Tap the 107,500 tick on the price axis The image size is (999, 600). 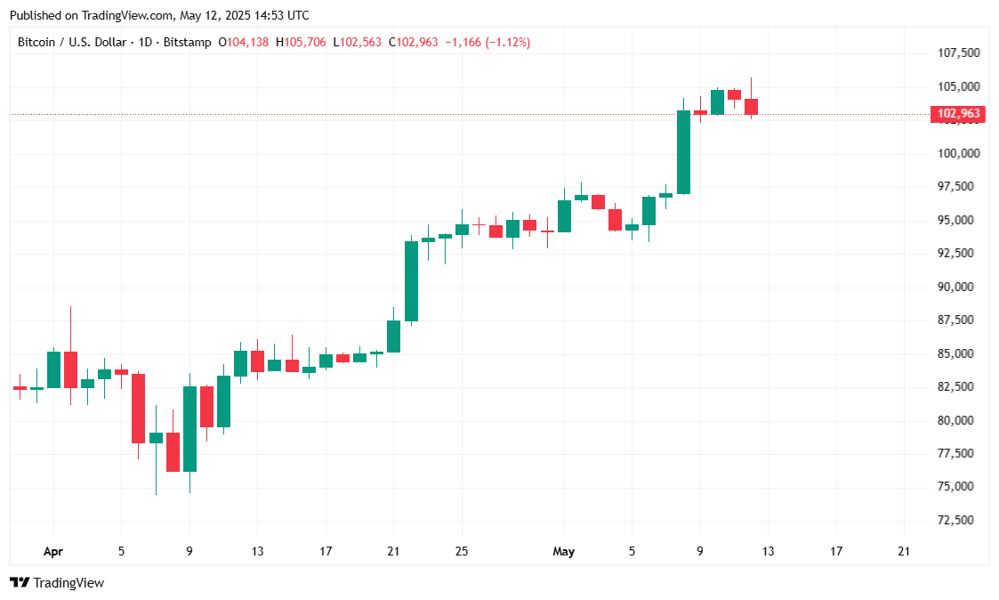(x=959, y=53)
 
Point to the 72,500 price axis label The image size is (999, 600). (x=959, y=520)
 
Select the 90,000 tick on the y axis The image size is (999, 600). (x=959, y=287)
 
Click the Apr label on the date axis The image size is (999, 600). (x=53, y=552)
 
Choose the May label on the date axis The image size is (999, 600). (x=563, y=552)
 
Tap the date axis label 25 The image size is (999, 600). (x=461, y=552)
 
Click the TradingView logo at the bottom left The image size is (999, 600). (x=57, y=583)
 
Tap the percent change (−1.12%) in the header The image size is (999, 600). (x=507, y=42)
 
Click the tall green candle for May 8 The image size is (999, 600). (x=683, y=151)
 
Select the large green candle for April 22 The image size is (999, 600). (x=411, y=280)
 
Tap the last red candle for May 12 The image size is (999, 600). (x=751, y=107)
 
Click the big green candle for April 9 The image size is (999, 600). (x=189, y=428)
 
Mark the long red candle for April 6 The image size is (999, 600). (x=139, y=409)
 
